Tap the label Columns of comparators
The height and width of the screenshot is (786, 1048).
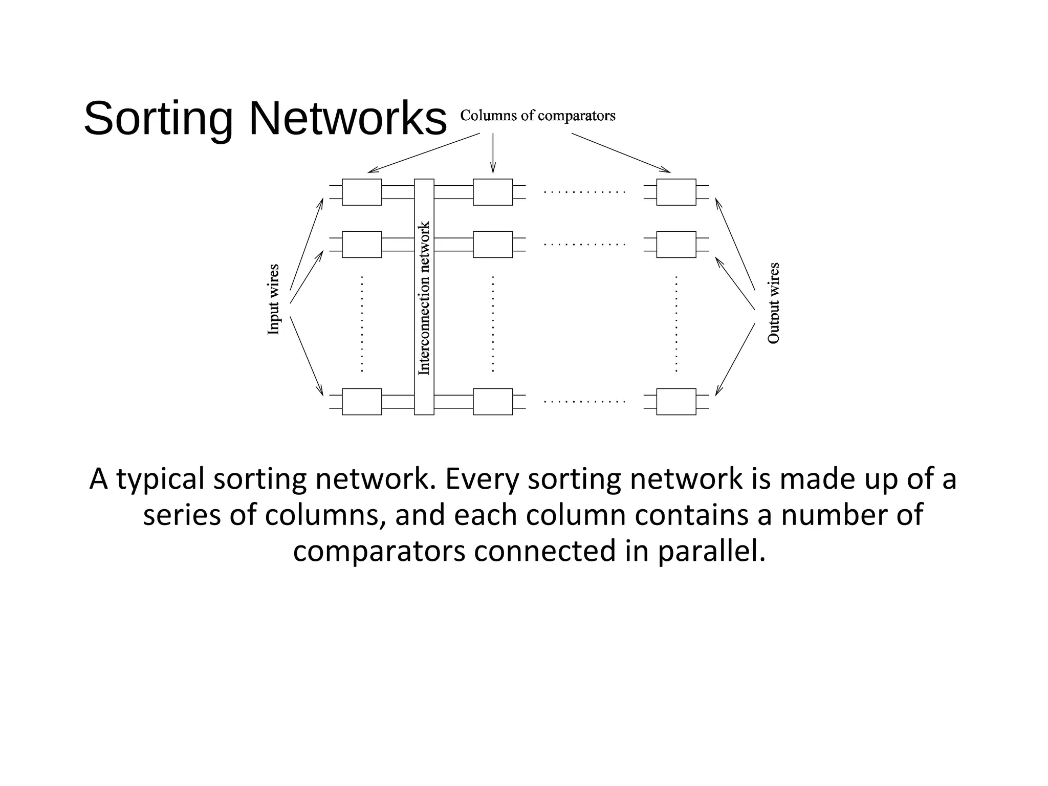[537, 116]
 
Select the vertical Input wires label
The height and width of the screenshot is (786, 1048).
[274, 300]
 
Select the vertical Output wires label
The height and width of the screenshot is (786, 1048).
[773, 303]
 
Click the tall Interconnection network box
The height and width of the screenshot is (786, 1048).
[424, 297]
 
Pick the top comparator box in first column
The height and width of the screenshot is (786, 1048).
[362, 192]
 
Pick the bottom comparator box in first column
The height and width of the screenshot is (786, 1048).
[362, 402]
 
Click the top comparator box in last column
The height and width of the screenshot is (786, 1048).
[676, 192]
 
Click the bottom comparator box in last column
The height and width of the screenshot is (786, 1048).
[676, 402]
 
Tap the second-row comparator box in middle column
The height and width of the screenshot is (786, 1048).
[493, 245]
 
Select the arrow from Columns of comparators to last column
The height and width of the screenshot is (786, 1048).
[620, 152]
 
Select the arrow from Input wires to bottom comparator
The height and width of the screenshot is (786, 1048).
[307, 356]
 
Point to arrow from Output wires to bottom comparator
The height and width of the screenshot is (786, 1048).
[735, 359]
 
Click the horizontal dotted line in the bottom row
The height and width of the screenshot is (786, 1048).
[584, 402]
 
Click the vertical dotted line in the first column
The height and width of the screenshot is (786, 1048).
[362, 323]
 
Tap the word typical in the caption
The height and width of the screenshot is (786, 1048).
[161, 479]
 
